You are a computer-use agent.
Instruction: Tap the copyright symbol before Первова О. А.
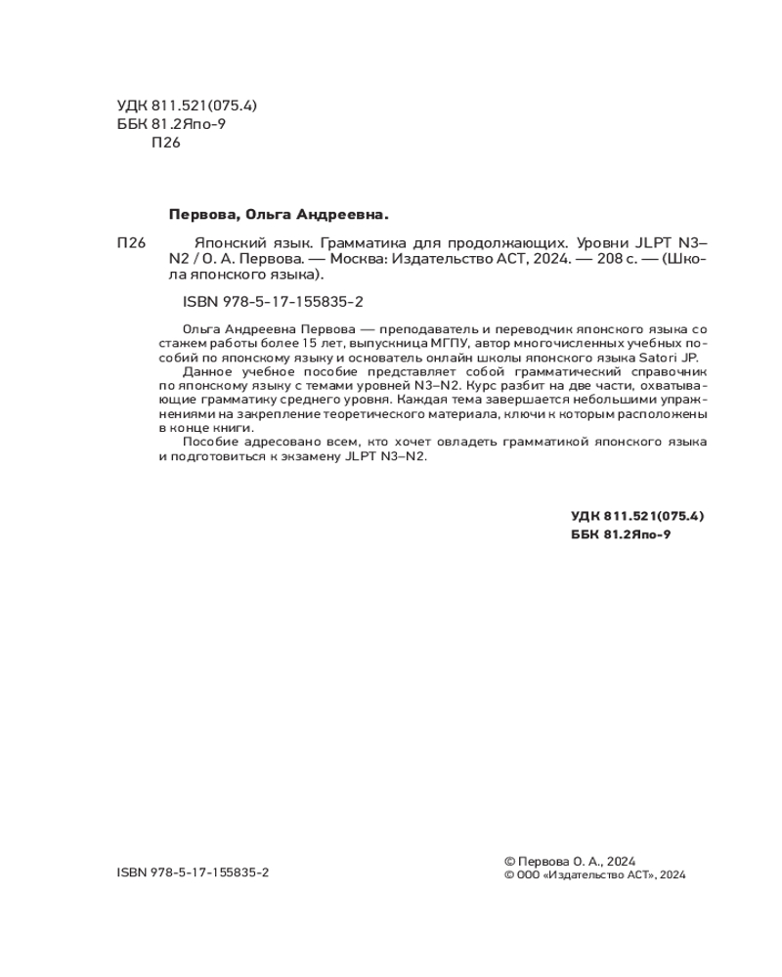508,861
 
